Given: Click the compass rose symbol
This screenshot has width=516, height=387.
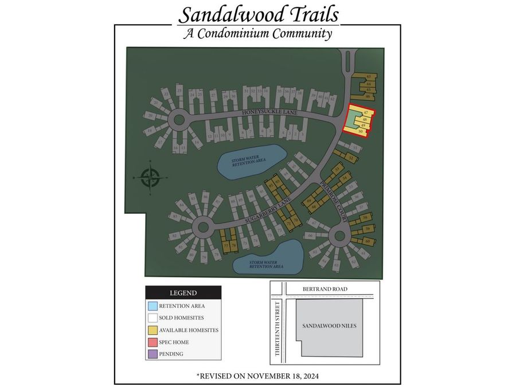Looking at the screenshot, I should [x=150, y=178].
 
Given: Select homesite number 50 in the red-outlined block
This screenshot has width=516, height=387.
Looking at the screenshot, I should [x=361, y=132].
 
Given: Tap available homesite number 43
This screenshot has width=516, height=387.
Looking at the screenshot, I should [x=369, y=76].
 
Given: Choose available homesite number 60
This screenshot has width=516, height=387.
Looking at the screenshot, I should [x=368, y=241].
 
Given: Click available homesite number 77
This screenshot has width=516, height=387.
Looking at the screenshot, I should [x=226, y=245].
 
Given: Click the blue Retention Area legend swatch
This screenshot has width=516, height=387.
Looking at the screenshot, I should [x=153, y=306].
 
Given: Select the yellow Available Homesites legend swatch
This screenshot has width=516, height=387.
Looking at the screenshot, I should [x=153, y=330].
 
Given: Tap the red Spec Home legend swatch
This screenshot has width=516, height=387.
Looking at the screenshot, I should [x=153, y=342].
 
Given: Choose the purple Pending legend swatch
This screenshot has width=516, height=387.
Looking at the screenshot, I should [x=153, y=354].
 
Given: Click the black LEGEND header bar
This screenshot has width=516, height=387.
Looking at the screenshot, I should [x=183, y=292].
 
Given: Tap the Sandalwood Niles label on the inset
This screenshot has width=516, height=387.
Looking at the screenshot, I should [x=329, y=326].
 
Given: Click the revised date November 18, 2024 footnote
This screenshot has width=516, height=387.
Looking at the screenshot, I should [x=257, y=376].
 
